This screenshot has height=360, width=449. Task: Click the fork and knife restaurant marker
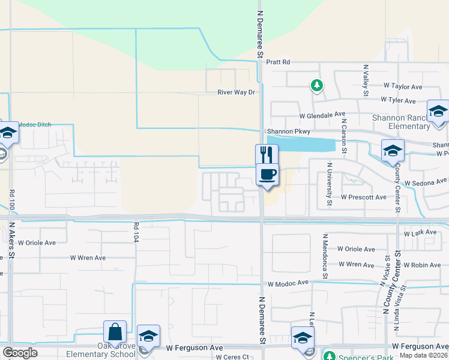click(267, 155)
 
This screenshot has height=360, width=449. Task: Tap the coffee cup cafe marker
click(268, 175)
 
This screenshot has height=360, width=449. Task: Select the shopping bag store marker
click(114, 332)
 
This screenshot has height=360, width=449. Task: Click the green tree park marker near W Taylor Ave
click(316, 86)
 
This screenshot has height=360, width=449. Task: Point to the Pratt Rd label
click(278, 62)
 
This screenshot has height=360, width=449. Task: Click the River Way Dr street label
click(237, 92)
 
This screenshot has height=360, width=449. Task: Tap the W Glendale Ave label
click(323, 114)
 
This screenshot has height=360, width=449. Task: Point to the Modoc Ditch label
click(34, 125)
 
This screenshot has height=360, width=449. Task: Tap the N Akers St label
click(11, 241)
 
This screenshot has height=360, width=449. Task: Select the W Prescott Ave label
click(363, 197)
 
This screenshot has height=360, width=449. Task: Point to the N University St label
click(330, 183)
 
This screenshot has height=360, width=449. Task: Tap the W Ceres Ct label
click(233, 357)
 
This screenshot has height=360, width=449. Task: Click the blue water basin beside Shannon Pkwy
click(300, 144)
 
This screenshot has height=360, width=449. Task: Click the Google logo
click(20, 353)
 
